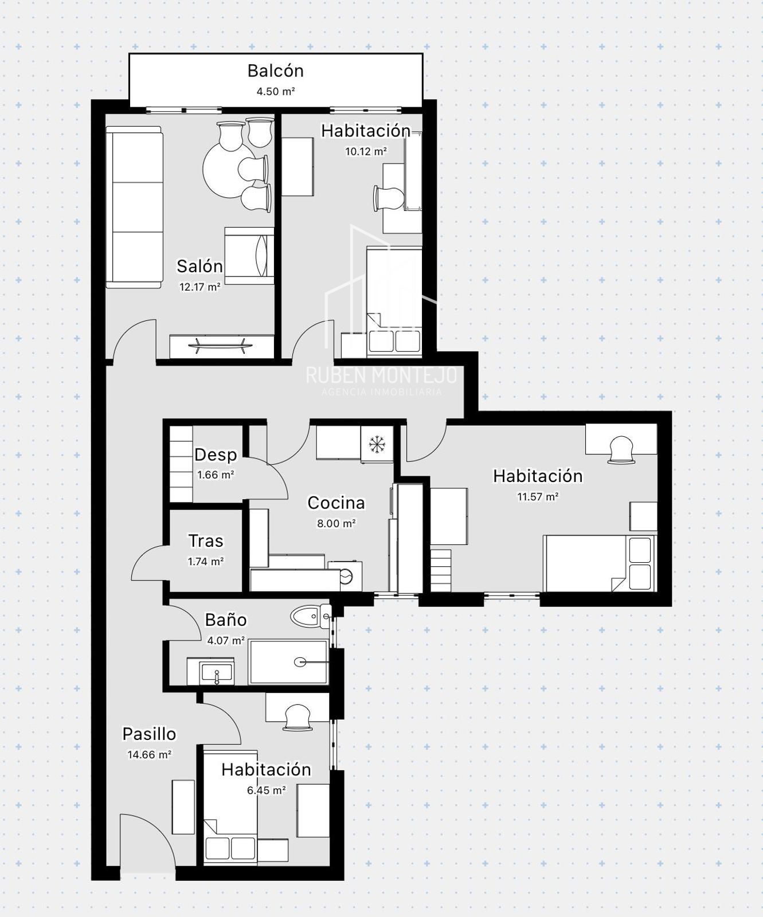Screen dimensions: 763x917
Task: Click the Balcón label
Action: pyautogui.click(x=275, y=71)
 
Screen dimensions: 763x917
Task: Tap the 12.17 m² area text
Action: pyautogui.click(x=199, y=287)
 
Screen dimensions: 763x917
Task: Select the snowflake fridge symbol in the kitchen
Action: pyautogui.click(x=377, y=444)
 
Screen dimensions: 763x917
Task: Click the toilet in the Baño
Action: pyautogui.click(x=310, y=617)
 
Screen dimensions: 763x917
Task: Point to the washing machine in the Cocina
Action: pyautogui.click(x=346, y=576)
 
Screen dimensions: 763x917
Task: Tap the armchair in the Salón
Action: pyautogui.click(x=249, y=255)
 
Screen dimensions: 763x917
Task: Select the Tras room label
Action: pyautogui.click(x=206, y=541)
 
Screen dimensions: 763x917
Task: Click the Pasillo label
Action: pyautogui.click(x=149, y=734)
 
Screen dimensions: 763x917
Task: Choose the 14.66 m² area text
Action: pyautogui.click(x=149, y=754)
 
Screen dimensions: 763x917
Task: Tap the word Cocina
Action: pyautogui.click(x=336, y=503)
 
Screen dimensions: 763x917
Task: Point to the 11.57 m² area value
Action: pyautogui.click(x=538, y=497)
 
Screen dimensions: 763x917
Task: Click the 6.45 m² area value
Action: pyautogui.click(x=266, y=790)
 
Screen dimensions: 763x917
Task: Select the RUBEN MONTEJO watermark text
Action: pyautogui.click(x=381, y=375)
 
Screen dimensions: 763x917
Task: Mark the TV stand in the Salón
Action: pyautogui.click(x=221, y=346)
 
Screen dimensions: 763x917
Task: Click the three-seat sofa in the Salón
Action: pyautogui.click(x=134, y=207)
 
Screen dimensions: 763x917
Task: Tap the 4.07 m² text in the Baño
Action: pyautogui.click(x=226, y=640)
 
